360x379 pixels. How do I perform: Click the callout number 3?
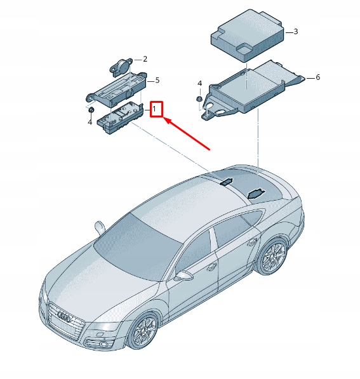pyautogui.click(x=295, y=30)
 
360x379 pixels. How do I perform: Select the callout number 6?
pyautogui.click(x=317, y=77)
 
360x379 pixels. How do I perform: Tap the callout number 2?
pyautogui.click(x=145, y=59)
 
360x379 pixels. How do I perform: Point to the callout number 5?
pyautogui.click(x=157, y=80)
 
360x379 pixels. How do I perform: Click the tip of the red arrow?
pyautogui.click(x=166, y=119)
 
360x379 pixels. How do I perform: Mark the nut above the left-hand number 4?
pyautogui.click(x=91, y=110)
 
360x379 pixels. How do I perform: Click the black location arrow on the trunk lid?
pyautogui.click(x=256, y=192)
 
